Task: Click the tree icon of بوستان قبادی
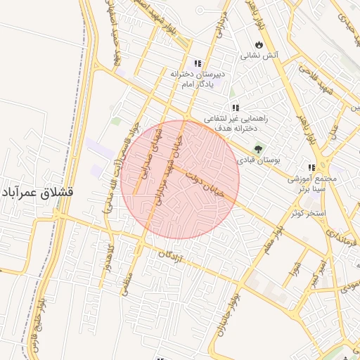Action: pos(258,148)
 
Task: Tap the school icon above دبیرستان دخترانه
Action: pos(198,62)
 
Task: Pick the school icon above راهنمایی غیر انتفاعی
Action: pos(235,108)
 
